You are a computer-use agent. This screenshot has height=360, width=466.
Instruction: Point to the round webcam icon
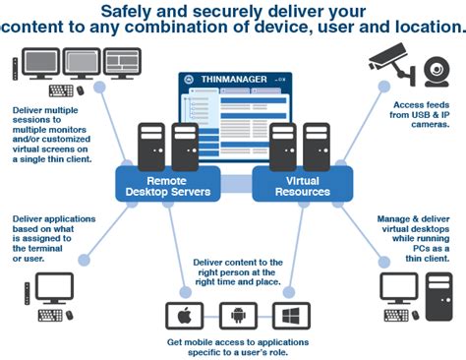point(435,68)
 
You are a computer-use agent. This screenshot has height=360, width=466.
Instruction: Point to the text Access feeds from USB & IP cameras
point(420,114)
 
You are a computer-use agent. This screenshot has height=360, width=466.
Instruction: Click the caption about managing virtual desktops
point(413,237)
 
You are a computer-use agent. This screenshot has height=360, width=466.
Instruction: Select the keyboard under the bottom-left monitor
point(51,315)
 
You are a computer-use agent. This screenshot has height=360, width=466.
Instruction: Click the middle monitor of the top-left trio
point(79,63)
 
